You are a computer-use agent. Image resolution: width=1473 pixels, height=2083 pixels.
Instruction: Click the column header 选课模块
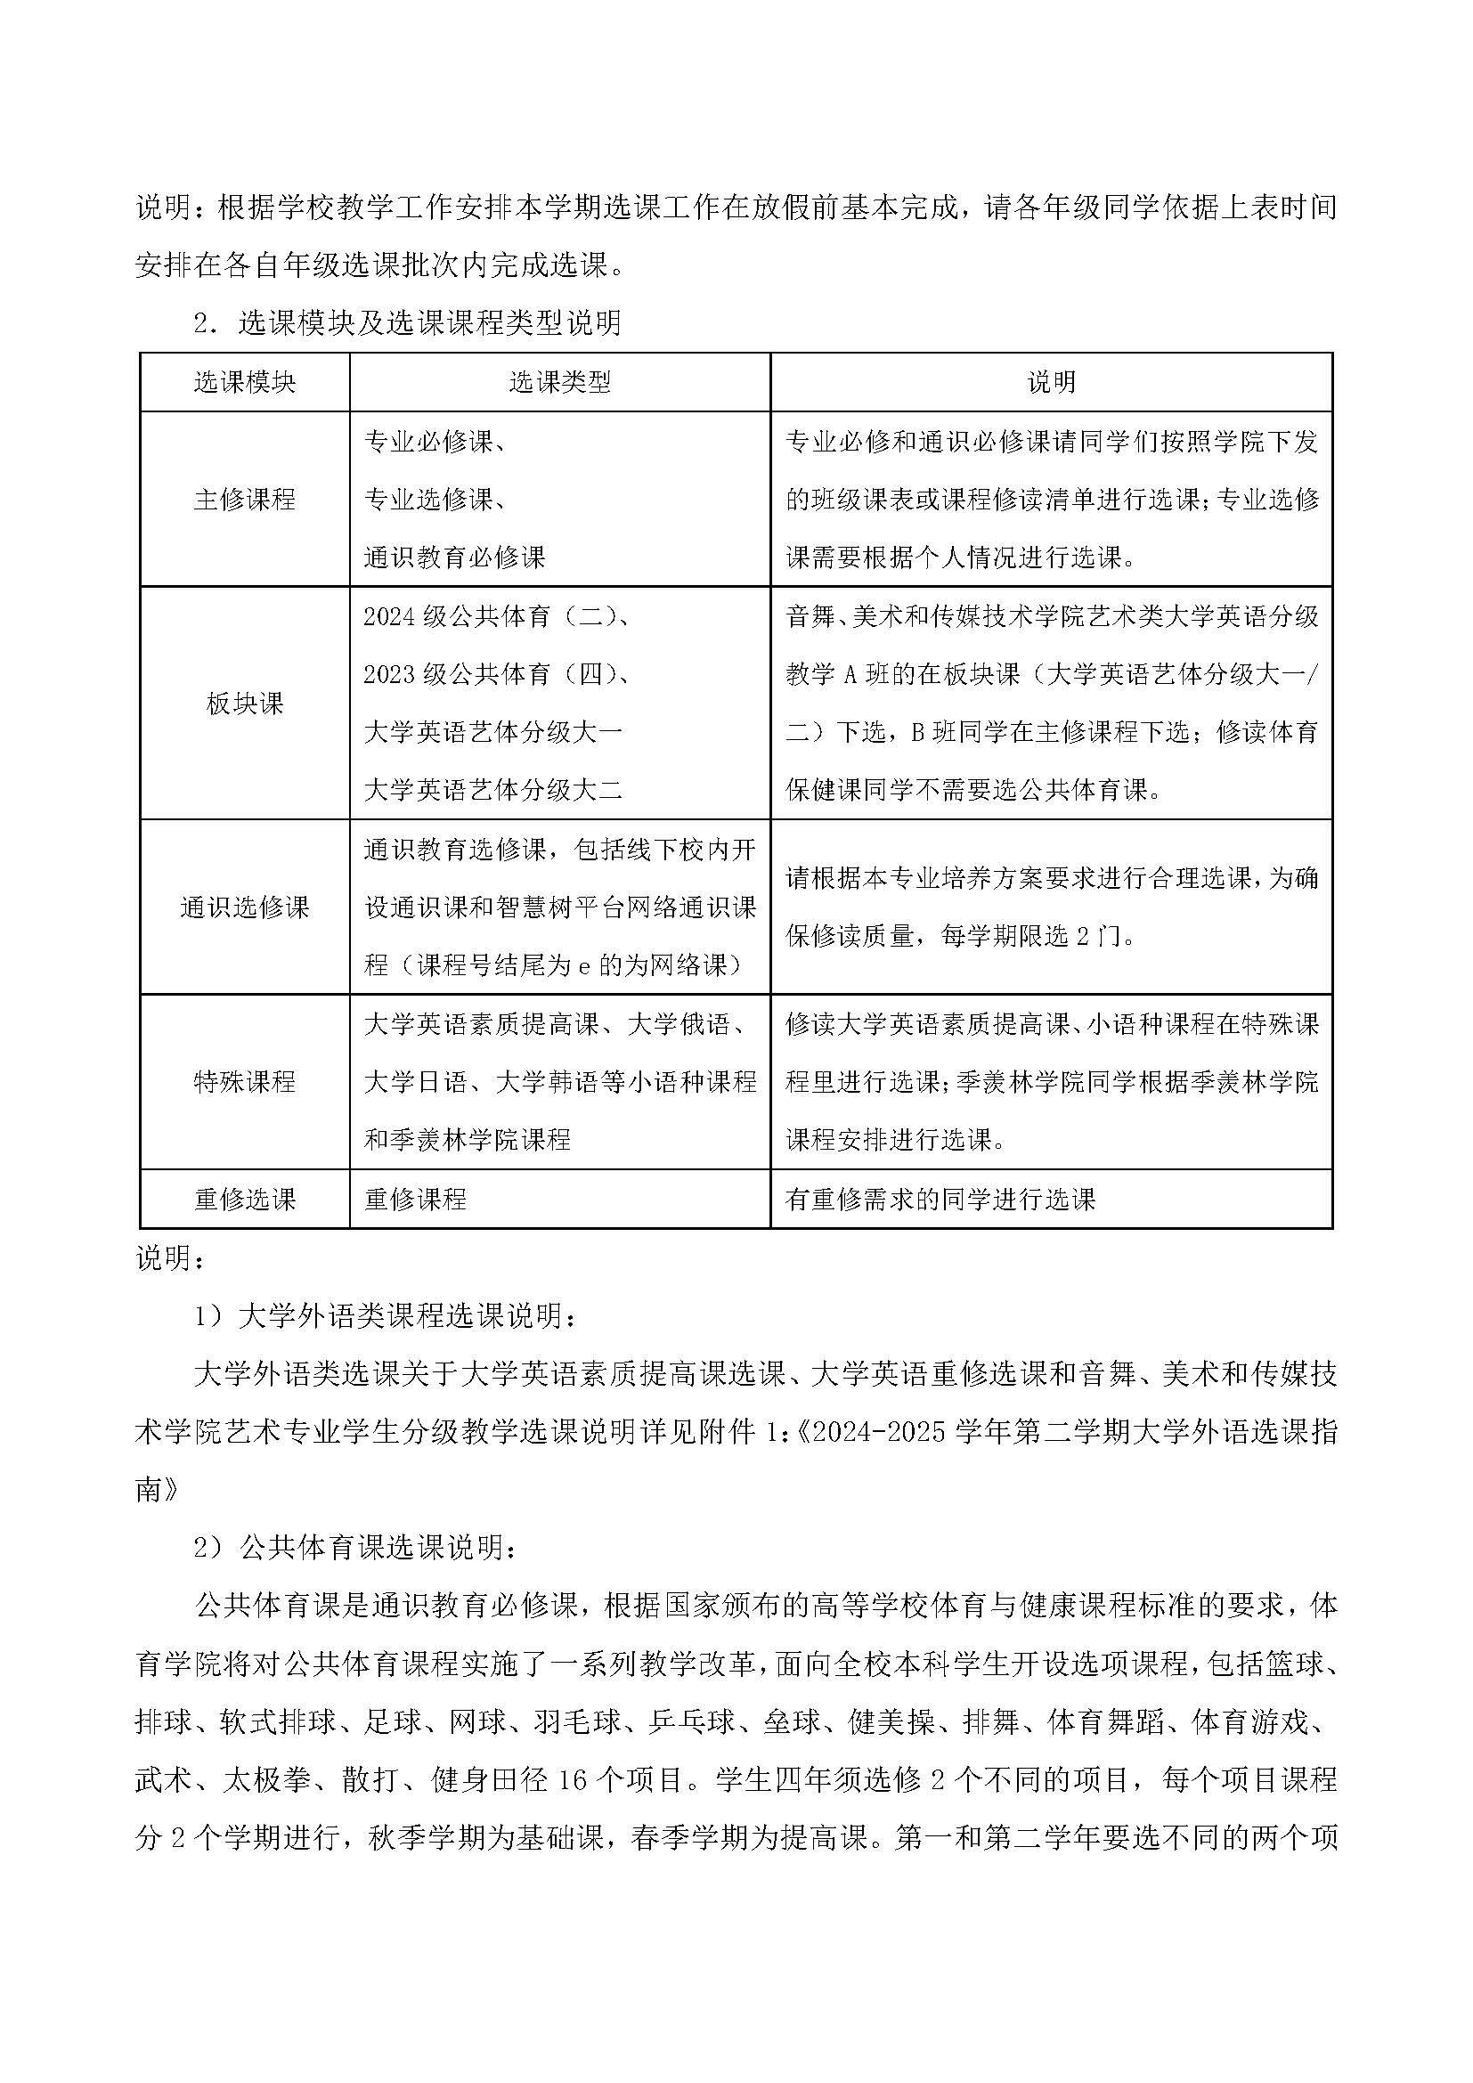pos(244,382)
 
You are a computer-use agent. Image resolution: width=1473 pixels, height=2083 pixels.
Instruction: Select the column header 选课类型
pos(559,382)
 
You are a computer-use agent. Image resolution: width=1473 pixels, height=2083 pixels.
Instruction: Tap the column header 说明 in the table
pos(1051,382)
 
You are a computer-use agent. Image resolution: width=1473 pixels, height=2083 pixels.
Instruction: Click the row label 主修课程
pos(244,499)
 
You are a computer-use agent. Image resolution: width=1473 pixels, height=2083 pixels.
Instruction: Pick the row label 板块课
pos(244,704)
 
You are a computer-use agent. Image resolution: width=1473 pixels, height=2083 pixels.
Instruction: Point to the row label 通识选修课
pos(244,907)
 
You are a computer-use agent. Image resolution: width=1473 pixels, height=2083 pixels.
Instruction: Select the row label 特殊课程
pos(244,1081)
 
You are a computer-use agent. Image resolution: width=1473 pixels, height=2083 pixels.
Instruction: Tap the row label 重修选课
pos(244,1200)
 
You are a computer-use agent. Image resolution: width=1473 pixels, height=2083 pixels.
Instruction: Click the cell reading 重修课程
pos(415,1200)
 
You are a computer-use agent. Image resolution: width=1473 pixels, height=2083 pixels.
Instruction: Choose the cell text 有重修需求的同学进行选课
pos(940,1200)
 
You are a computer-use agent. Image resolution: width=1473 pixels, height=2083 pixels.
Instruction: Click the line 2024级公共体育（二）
pos(497,617)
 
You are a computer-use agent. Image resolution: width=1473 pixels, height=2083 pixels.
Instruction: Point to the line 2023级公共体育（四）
pos(497,674)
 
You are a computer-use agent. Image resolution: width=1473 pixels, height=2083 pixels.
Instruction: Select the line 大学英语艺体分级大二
pos(492,789)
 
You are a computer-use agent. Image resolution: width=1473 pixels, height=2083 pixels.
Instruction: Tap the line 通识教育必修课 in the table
pos(454,557)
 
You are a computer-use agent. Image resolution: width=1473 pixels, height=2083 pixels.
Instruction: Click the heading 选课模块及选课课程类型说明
pos(429,323)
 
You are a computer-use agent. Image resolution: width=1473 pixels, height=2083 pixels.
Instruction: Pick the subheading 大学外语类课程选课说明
pos(405,1315)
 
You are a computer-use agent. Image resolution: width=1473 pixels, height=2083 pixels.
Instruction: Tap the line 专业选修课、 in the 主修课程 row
pos(435,499)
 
